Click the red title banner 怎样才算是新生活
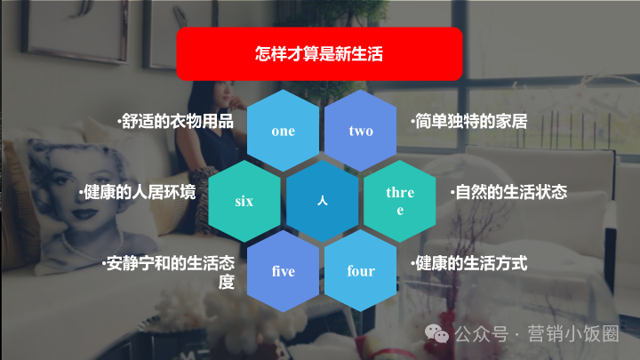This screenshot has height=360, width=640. point(319,54)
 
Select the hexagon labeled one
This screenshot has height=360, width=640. point(283,131)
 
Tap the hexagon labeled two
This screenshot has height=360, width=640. point(360,131)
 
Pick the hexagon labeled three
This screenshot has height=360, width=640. point(400,201)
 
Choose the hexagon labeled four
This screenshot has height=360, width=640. point(360,270)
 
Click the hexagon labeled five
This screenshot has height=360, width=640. point(283,271)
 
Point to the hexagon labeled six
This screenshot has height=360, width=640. point(244,201)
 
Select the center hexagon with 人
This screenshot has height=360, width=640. point(322,201)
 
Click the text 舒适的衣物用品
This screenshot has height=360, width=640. point(175,121)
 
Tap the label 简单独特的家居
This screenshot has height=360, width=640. point(469,121)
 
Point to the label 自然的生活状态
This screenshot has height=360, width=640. point(509,192)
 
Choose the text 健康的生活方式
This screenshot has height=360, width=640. point(469,263)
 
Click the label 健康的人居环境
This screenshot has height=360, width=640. point(138,192)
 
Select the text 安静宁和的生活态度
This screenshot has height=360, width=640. point(169,272)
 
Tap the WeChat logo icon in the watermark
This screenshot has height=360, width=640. point(436,334)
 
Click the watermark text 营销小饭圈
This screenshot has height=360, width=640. point(573,334)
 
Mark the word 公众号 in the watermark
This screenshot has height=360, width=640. point(482,334)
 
